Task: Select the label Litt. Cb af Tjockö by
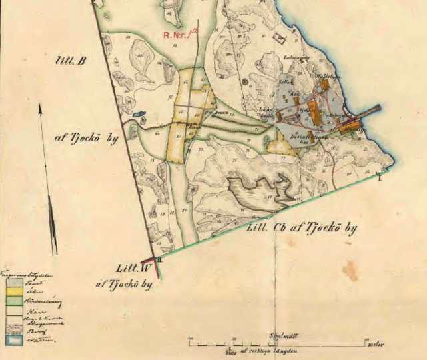tap(302, 228)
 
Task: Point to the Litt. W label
tap(128, 269)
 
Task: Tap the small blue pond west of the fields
tap(138, 114)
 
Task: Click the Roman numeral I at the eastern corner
tap(379, 177)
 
